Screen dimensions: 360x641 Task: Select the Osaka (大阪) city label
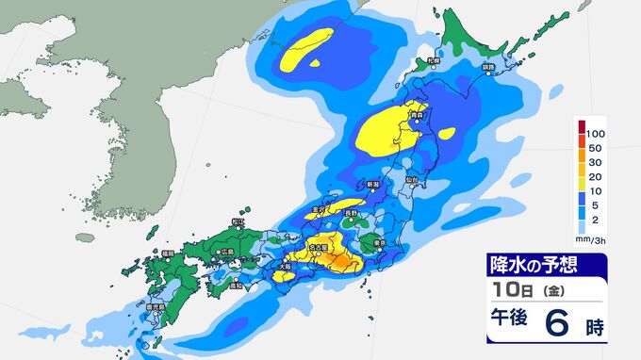click(286, 266)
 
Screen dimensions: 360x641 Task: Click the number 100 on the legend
click(595, 135)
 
